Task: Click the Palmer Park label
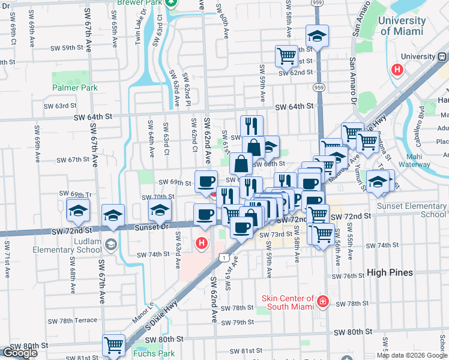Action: point(74,88)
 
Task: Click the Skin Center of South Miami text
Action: point(288,303)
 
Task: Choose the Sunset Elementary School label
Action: point(412,210)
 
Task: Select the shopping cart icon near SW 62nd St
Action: point(287,57)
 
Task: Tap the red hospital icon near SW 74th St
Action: point(202,244)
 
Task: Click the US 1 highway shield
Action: point(223,257)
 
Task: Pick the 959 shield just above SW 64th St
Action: point(319,88)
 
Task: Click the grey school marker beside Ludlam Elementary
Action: point(110,244)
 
